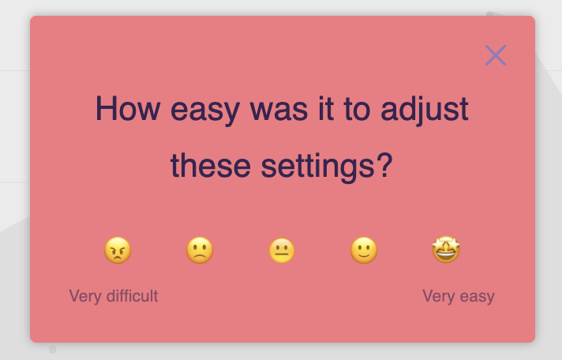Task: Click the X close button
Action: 496,55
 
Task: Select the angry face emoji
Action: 118,250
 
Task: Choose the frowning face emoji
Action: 200,250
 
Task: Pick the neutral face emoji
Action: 282,250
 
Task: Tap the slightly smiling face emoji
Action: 364,250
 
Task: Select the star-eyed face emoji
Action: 446,249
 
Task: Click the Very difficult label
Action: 114,296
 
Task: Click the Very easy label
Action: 459,296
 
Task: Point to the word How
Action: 128,108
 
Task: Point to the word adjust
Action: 425,111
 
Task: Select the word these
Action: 211,166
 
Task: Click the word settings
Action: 318,168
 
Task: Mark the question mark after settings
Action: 385,165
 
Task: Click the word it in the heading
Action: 326,108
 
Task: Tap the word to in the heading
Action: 357,109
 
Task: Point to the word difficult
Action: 133,296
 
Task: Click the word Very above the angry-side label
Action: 85,297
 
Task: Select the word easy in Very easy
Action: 478,298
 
